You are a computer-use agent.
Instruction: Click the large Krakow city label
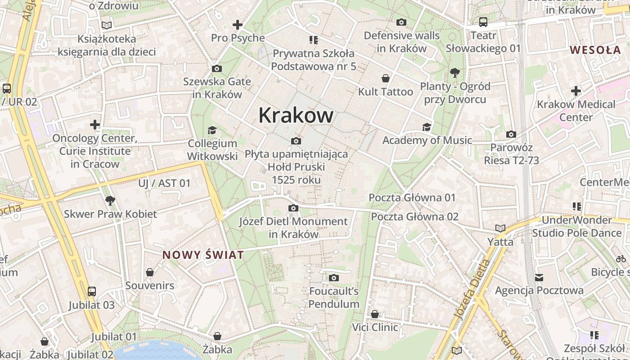click(x=296, y=116)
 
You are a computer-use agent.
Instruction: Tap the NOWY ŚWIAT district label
click(x=203, y=255)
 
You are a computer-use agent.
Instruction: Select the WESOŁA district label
click(x=595, y=50)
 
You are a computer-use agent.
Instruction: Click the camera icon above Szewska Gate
click(x=216, y=69)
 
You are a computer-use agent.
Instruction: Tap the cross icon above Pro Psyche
click(x=237, y=25)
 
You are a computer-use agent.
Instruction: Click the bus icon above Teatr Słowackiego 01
click(x=483, y=22)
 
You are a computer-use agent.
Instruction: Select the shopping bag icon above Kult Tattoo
click(x=386, y=79)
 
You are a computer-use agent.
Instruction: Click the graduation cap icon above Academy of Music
click(x=427, y=127)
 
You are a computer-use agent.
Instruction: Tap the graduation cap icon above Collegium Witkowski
click(x=212, y=130)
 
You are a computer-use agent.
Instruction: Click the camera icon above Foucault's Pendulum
click(x=333, y=278)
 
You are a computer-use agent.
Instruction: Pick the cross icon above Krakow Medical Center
click(x=576, y=91)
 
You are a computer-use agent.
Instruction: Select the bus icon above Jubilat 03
click(x=92, y=292)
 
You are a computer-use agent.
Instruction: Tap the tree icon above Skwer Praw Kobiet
click(x=110, y=201)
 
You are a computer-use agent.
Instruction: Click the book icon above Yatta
click(x=500, y=229)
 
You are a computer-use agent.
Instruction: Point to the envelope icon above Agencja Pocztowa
click(x=539, y=277)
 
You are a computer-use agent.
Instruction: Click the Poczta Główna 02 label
click(x=414, y=216)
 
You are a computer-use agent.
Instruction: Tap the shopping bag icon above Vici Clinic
click(x=375, y=314)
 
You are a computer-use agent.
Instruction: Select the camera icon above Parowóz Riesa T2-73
click(x=511, y=135)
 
